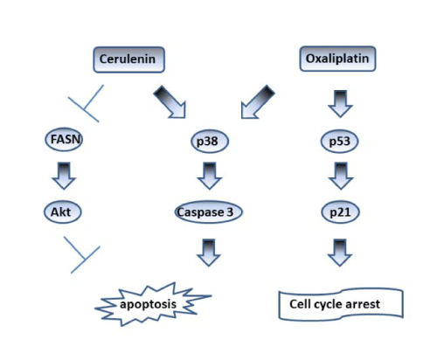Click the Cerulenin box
129,59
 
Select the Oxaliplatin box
337,59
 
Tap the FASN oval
64,139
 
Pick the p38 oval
210,142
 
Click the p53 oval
340,142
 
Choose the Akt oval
63,211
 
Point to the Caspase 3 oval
208,211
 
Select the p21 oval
340,211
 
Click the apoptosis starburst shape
153,304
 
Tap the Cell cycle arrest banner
341,304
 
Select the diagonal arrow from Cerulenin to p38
170,102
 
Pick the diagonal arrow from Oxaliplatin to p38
257,102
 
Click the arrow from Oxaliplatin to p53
340,104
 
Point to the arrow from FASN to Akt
64,176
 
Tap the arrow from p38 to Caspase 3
210,176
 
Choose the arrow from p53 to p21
341,176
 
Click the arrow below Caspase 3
209,253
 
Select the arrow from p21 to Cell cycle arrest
340,253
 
